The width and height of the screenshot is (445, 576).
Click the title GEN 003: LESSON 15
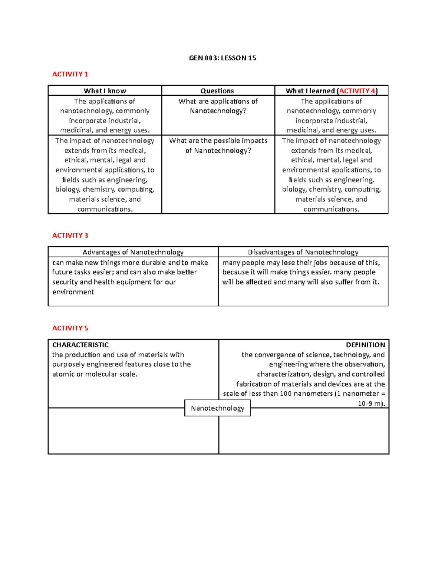(222, 58)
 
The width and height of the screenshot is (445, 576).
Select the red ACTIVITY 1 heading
(70, 74)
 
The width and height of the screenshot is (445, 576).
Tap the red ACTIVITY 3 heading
(70, 236)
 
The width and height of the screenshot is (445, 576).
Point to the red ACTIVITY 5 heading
(70, 328)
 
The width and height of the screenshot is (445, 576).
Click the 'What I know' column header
(105, 91)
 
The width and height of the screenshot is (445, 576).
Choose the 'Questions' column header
(217, 91)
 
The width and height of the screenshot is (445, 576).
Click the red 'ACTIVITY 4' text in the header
(357, 91)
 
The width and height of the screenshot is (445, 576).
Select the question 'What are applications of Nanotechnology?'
(218, 106)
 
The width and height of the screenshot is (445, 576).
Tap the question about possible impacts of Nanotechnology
(218, 146)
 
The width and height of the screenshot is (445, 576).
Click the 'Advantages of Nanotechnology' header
(133, 252)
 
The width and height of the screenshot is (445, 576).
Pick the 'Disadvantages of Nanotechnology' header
(303, 252)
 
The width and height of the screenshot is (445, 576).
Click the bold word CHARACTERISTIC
(80, 345)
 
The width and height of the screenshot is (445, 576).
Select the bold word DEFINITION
(365, 345)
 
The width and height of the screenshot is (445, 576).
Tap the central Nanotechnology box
(217, 408)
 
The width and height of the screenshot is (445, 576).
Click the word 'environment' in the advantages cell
(73, 292)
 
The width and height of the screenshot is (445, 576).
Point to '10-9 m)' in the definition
(371, 404)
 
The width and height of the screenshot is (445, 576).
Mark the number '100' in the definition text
(286, 394)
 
